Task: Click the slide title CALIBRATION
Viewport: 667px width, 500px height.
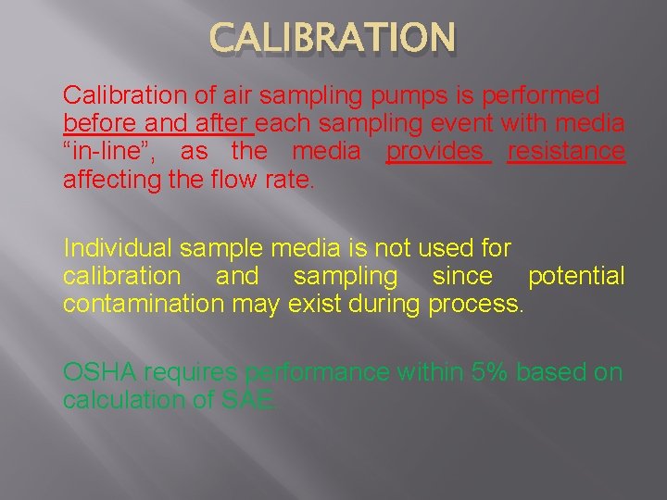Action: pos(333,39)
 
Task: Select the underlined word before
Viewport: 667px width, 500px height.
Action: pos(93,124)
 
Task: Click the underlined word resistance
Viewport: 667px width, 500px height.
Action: pos(566,152)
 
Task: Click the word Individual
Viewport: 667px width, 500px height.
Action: pos(118,248)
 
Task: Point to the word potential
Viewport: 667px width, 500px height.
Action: pos(576,276)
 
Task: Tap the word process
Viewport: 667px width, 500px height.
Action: pos(475,304)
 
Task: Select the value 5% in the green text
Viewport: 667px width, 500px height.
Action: pos(488,372)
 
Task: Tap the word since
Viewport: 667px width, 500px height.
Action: pos(462,276)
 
